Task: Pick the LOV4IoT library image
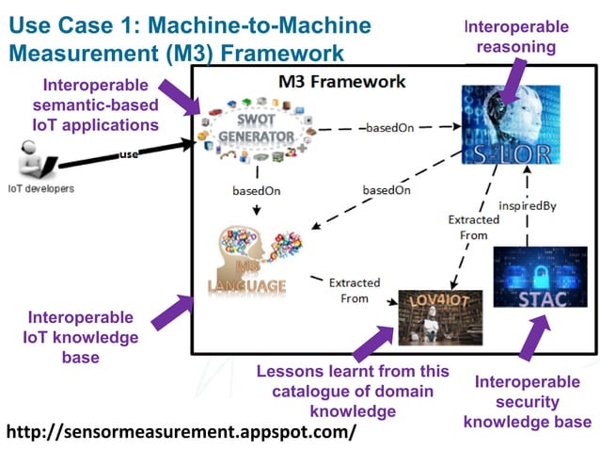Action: coord(439,318)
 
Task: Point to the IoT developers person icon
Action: coord(35,162)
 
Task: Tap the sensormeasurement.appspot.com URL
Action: coord(182,432)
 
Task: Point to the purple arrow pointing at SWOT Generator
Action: coord(179,98)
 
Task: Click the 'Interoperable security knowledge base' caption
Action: coord(532,401)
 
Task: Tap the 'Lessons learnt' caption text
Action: coord(354,392)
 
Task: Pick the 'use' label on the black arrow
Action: coord(129,154)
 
